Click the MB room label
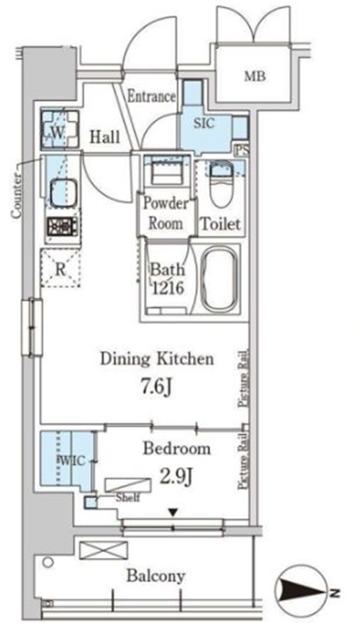[255, 76]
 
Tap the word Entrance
[152, 96]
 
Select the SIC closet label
[204, 123]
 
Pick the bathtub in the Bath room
[218, 279]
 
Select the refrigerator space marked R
[60, 269]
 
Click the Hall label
[105, 137]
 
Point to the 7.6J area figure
[156, 387]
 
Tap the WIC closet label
[72, 461]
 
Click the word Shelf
[128, 497]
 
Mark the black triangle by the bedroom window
[173, 512]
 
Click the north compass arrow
[302, 593]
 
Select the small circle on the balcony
[48, 562]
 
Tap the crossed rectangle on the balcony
[104, 551]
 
